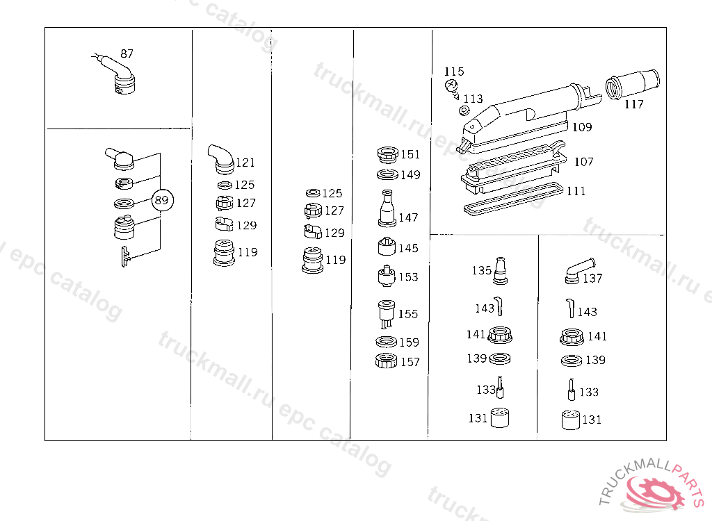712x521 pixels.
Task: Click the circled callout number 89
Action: [161, 200]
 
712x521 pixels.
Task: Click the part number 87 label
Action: [127, 54]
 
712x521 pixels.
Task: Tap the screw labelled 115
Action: [451, 87]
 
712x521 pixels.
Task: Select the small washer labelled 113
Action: [464, 110]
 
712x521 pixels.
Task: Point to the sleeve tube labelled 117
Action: [632, 85]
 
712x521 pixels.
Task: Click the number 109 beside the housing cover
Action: [582, 127]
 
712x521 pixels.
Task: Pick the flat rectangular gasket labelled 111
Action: [514, 199]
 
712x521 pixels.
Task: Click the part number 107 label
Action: [583, 162]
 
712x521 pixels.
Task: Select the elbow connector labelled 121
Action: [220, 159]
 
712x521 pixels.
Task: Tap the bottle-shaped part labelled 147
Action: [387, 209]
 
